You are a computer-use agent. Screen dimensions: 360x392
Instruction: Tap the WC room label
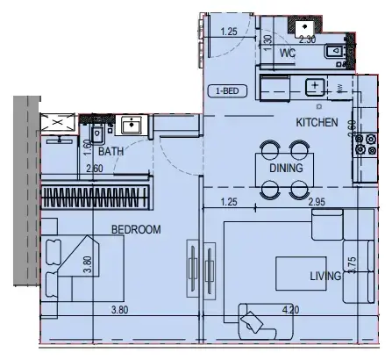[287, 54]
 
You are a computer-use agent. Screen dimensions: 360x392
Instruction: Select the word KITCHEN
[317, 122]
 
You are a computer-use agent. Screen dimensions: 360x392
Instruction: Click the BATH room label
[110, 152]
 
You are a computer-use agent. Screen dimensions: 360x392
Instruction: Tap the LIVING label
[324, 277]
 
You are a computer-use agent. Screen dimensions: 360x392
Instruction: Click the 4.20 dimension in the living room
[291, 309]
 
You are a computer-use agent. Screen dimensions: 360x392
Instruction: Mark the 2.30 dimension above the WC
[307, 39]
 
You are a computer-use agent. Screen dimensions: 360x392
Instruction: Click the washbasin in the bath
[132, 125]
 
